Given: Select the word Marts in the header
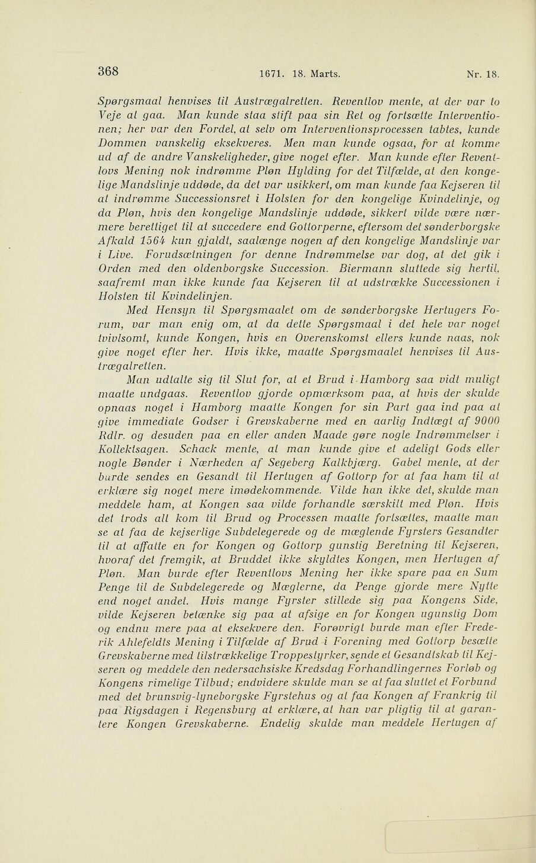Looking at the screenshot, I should (324, 75).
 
